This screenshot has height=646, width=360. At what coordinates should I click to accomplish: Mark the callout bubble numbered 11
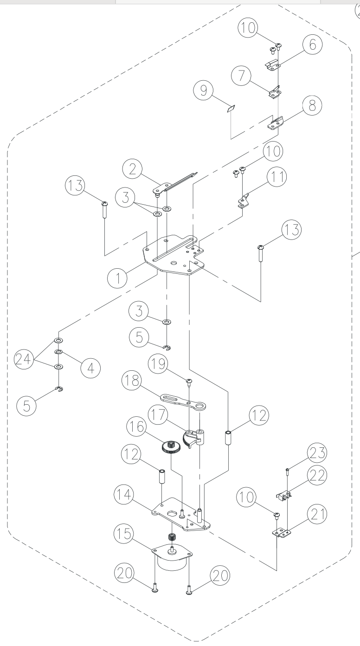click(x=277, y=176)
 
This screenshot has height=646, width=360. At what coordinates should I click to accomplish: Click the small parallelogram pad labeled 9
click(x=231, y=109)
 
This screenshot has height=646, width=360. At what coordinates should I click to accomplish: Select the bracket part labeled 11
click(x=244, y=200)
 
